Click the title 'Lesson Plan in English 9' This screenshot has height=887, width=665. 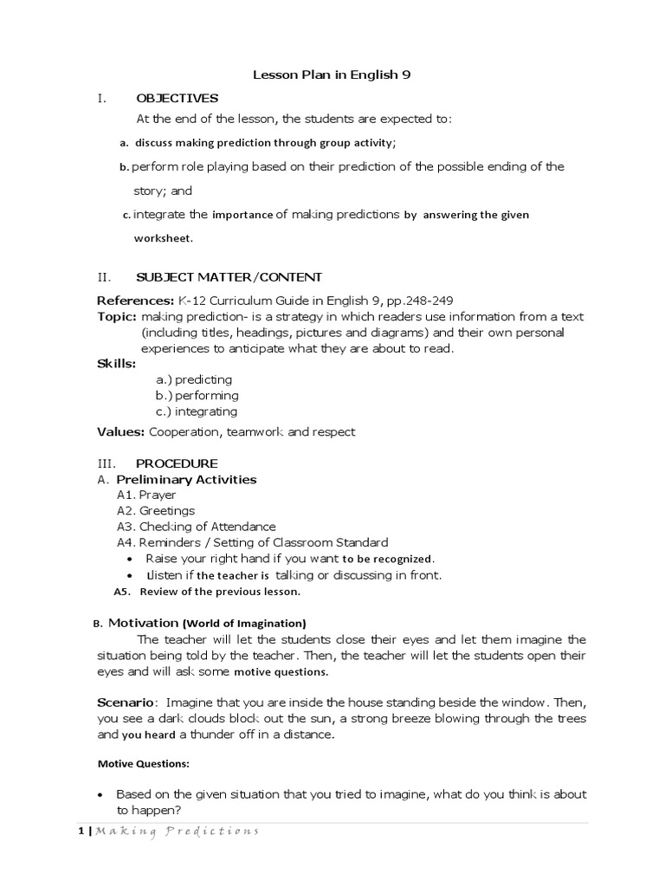pyautogui.click(x=332, y=75)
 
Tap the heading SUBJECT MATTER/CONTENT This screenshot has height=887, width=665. pyautogui.click(x=229, y=277)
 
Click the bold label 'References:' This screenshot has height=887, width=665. pyautogui.click(x=135, y=301)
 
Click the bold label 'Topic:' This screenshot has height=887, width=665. pyautogui.click(x=116, y=316)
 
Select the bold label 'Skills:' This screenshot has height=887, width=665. pyautogui.click(x=117, y=363)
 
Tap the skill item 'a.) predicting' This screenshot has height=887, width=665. pyautogui.click(x=194, y=379)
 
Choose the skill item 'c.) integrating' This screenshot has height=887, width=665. pyautogui.click(x=196, y=411)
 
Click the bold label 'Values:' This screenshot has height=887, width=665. pyautogui.click(x=120, y=431)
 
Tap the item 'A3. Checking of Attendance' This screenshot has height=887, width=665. pyautogui.click(x=196, y=527)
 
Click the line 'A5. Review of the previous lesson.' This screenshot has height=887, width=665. pyautogui.click(x=207, y=592)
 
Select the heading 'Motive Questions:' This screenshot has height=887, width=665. pyautogui.click(x=143, y=765)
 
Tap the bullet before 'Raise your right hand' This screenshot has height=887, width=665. pyautogui.click(x=129, y=559)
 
